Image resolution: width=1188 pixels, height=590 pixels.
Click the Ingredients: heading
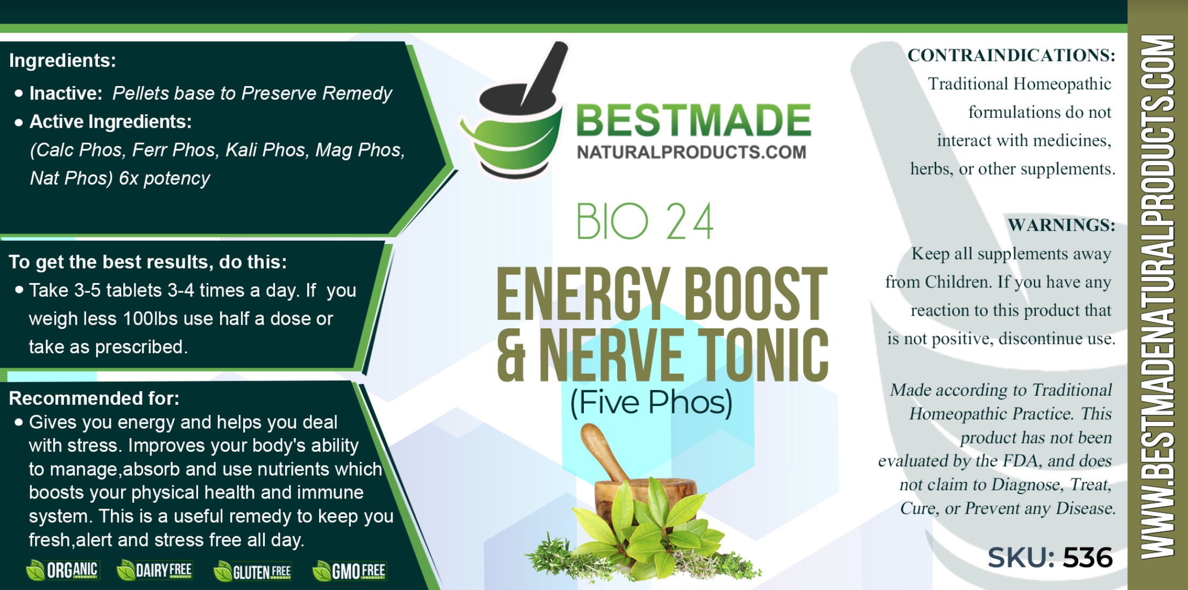(x=62, y=60)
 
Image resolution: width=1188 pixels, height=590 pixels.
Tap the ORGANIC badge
(x=62, y=571)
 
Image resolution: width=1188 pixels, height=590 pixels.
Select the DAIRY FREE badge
(x=154, y=571)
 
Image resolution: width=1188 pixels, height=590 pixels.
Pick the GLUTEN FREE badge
(x=252, y=571)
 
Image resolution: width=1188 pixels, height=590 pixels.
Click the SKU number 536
(x=1087, y=557)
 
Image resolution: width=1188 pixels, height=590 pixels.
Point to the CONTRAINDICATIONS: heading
(x=1011, y=55)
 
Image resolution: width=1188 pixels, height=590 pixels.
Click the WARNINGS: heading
(x=1061, y=225)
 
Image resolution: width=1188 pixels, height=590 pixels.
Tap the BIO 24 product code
(x=645, y=221)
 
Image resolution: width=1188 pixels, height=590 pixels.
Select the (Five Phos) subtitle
(x=651, y=402)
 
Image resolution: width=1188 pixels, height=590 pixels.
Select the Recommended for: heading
(x=94, y=398)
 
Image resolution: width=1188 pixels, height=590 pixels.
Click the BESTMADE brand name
(x=694, y=120)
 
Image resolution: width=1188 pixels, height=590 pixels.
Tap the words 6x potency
(x=164, y=178)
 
